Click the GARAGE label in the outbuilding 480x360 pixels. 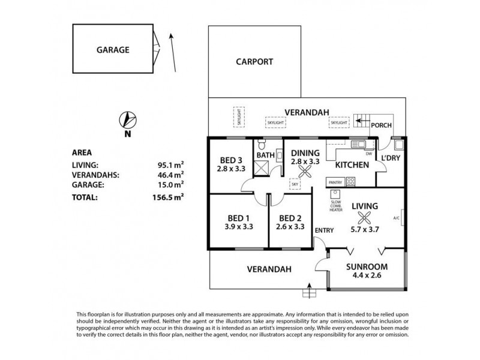click(113, 50)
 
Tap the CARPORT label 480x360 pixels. click(254, 61)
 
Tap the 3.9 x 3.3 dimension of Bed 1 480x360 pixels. click(238, 227)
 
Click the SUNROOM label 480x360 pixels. click(367, 266)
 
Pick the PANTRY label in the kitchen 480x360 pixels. click(335, 182)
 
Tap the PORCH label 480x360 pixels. click(381, 125)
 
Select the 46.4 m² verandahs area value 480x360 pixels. click(170, 175)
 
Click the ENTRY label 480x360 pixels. click(323, 230)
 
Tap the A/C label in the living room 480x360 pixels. click(397, 218)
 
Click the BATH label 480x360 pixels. click(265, 155)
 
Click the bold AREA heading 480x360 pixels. click(82, 152)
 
